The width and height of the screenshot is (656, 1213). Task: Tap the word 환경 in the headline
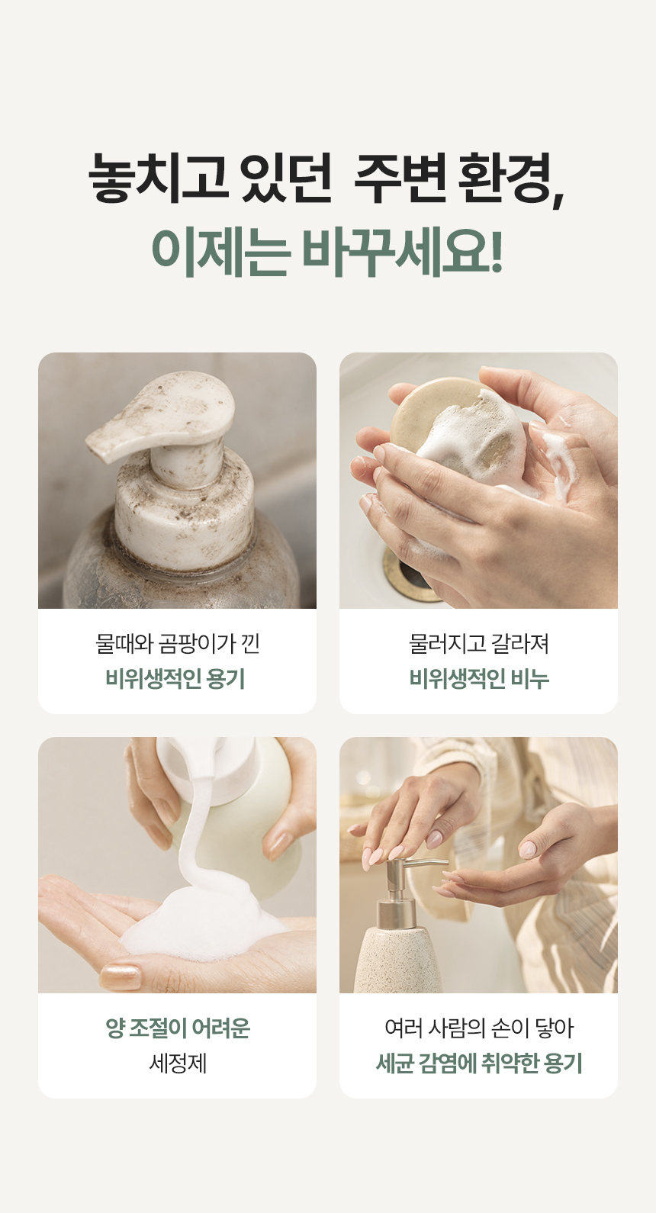[510, 179]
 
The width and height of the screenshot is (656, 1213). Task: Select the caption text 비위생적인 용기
[175, 678]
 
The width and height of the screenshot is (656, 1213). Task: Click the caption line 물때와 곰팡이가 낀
[177, 643]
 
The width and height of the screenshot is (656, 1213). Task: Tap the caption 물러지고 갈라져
[479, 643]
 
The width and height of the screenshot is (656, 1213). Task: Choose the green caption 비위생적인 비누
[479, 678]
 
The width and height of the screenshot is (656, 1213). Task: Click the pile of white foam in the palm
[206, 921]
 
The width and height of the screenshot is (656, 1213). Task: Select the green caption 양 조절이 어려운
[178, 1028]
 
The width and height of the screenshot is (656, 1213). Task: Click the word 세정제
[178, 1063]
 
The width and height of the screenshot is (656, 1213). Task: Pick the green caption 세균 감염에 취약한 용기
[479, 1063]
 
